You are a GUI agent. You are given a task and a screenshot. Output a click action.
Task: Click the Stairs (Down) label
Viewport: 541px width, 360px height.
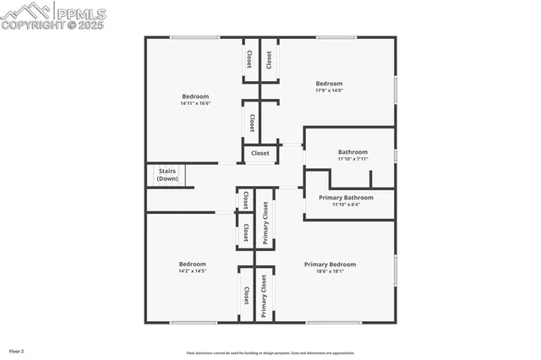coord(167,175)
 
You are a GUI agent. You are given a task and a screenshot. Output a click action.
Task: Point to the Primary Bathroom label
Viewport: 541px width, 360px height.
coord(346,198)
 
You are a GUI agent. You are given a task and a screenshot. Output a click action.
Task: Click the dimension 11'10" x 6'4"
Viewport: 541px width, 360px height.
coord(346,205)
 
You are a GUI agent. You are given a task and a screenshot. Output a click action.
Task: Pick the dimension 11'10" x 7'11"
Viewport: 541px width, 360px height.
coord(353,159)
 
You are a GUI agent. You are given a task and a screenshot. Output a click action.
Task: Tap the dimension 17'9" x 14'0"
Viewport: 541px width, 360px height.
coord(329,90)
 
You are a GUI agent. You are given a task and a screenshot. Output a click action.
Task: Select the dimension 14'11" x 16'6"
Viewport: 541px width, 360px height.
coord(195,104)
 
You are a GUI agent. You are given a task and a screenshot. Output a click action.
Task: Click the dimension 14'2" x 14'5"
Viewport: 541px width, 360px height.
coord(192,271)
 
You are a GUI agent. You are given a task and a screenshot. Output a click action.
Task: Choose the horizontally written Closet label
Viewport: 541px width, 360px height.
coord(260,154)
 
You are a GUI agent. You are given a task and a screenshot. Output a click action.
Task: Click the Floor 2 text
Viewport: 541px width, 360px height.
coord(17,351)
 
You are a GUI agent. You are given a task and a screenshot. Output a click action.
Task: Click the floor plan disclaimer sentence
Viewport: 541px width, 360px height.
coord(270,353)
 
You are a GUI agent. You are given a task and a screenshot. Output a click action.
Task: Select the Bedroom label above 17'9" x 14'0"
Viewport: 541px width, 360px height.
coord(329,84)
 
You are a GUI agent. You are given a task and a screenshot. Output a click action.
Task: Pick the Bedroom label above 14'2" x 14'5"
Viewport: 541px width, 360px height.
coord(192,264)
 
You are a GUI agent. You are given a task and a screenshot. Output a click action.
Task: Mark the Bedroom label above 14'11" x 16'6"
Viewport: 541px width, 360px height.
coord(195,96)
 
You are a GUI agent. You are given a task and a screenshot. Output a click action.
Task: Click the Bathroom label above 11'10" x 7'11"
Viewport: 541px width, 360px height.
coord(353,152)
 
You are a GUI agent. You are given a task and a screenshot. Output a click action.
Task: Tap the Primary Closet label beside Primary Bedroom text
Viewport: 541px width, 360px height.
coord(264,296)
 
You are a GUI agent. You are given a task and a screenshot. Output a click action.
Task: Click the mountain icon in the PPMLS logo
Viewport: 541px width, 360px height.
coord(25,11)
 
